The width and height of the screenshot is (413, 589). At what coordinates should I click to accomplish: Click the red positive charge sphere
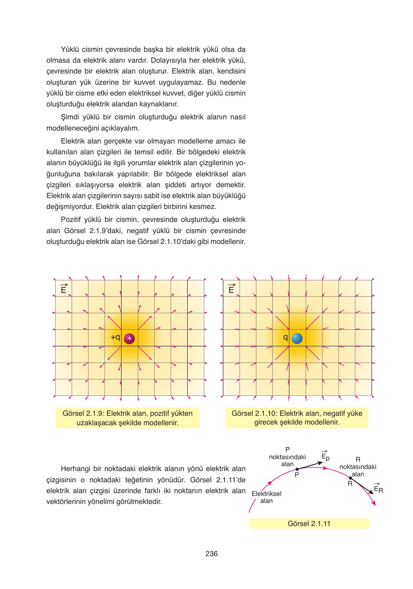point(129,338)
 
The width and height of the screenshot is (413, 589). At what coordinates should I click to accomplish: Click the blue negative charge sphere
point(297,338)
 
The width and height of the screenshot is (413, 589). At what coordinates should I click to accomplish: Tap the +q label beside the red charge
point(115,337)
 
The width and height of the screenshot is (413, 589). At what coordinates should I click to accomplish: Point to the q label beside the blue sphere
point(285,337)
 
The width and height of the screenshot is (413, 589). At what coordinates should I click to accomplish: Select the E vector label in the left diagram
point(64,289)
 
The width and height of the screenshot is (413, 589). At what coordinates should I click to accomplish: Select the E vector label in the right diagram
point(231,289)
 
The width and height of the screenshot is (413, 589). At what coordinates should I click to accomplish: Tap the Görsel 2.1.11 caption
point(309,524)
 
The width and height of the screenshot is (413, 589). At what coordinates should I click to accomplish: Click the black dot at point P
point(297,469)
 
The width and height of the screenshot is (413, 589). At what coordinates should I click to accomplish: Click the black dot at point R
point(350,478)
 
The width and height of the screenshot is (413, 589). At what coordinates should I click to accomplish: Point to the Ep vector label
point(325,457)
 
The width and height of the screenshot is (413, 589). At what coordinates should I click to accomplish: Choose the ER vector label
point(378,489)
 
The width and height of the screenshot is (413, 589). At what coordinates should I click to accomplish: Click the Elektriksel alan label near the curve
point(266,497)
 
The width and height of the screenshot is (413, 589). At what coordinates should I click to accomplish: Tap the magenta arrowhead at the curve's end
point(374,504)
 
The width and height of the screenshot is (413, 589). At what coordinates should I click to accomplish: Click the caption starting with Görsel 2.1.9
point(128,418)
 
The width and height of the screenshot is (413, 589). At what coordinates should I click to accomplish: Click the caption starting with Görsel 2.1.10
point(297,418)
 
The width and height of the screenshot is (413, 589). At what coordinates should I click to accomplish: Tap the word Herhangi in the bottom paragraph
point(74,469)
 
